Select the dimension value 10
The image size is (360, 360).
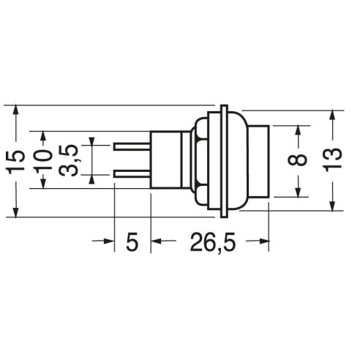[x=43, y=160]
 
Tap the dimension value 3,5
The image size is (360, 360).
[x=69, y=160]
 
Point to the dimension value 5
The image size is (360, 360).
[x=132, y=241]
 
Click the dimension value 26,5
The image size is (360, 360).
[x=213, y=242]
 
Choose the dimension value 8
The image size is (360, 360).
[x=298, y=160]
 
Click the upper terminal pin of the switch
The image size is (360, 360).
[x=132, y=147]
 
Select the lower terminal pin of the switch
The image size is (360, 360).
[x=132, y=174]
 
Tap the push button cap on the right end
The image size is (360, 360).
[x=259, y=161]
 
